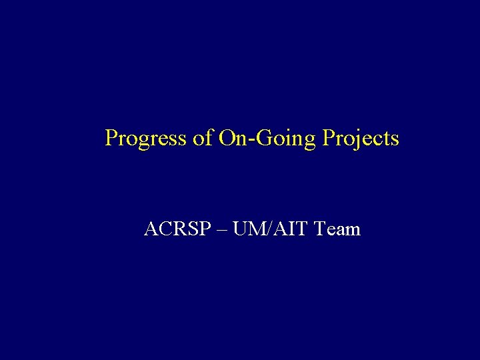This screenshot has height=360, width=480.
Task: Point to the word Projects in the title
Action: [361, 139]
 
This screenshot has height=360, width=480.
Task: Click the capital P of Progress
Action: [111, 138]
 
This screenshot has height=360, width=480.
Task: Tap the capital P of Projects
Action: [328, 138]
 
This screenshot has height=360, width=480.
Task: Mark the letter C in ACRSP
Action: [162, 229]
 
